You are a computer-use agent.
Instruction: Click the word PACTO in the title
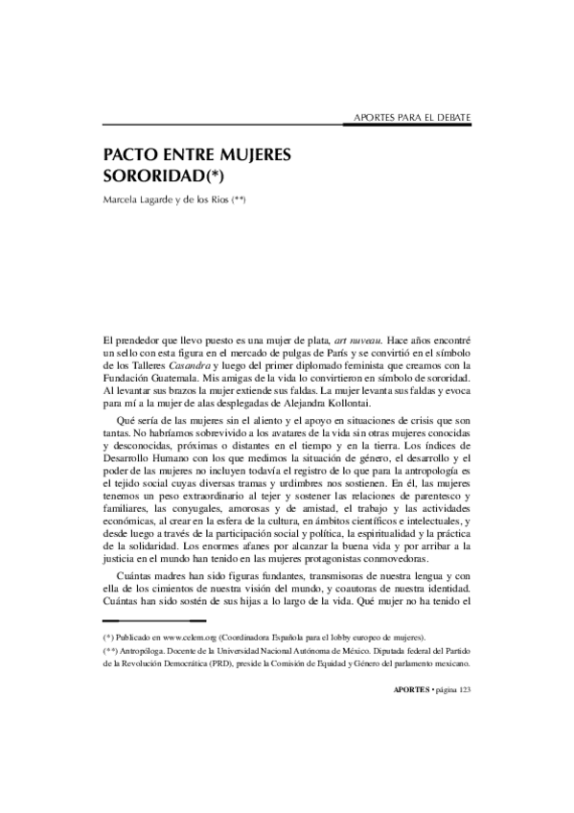(128, 155)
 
